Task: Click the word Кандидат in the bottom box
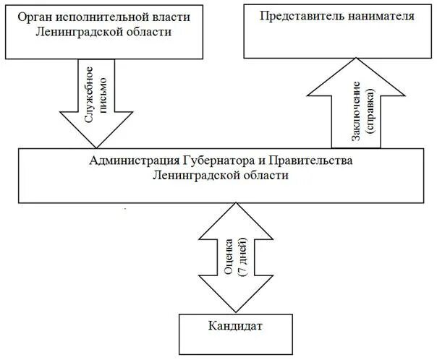click(233, 327)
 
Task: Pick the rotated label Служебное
click(90, 92)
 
